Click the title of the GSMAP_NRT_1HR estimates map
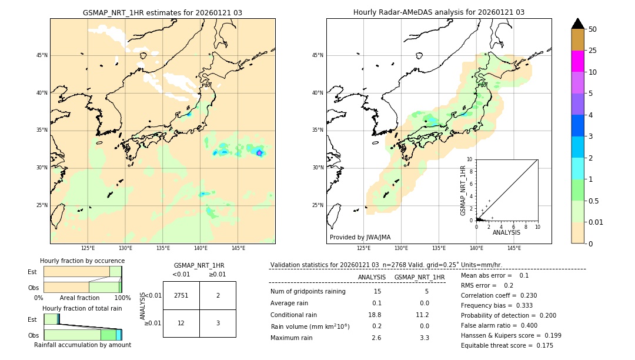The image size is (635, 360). pyautogui.click(x=162, y=12)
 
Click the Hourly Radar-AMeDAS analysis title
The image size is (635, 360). pyautogui.click(x=439, y=12)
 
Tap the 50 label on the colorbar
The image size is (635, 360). pyautogui.click(x=593, y=29)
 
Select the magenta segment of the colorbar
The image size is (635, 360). pyautogui.click(x=577, y=61)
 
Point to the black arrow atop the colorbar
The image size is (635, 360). pyautogui.click(x=577, y=24)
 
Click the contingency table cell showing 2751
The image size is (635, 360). pyautogui.click(x=181, y=295)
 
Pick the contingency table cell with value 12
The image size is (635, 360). pyautogui.click(x=181, y=323)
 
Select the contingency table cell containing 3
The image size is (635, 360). pyautogui.click(x=218, y=323)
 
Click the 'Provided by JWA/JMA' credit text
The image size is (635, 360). pyautogui.click(x=360, y=237)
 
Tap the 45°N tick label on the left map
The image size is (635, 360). pyautogui.click(x=42, y=55)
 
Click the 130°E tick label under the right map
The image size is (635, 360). pyautogui.click(x=402, y=248)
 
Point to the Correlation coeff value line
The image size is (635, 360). pyautogui.click(x=499, y=295)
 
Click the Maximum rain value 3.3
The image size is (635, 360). pyautogui.click(x=424, y=338)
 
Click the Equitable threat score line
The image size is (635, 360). pyautogui.click(x=507, y=345)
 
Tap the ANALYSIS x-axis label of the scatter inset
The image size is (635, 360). pyautogui.click(x=506, y=232)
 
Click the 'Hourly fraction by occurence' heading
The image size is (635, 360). pyautogui.click(x=82, y=261)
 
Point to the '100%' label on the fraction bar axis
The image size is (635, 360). pyautogui.click(x=122, y=298)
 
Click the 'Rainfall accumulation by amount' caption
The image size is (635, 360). pyautogui.click(x=82, y=345)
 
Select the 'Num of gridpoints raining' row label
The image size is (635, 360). pyautogui.click(x=308, y=291)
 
